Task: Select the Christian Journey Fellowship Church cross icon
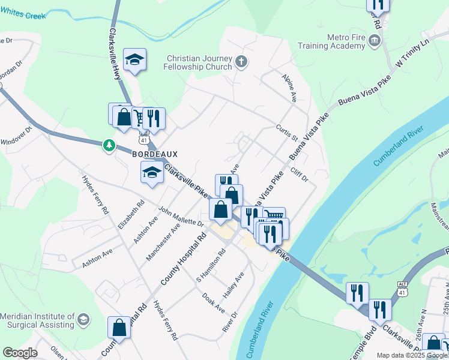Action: (241, 61)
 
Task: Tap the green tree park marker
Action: (109, 145)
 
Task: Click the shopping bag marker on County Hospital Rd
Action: (119, 328)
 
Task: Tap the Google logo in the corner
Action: (20, 353)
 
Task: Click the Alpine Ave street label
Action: (289, 89)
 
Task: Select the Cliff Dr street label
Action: (298, 175)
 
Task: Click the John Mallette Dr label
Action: (181, 216)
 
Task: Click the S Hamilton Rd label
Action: (210, 266)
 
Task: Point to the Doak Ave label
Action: (213, 302)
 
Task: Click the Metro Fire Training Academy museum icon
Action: (375, 41)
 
